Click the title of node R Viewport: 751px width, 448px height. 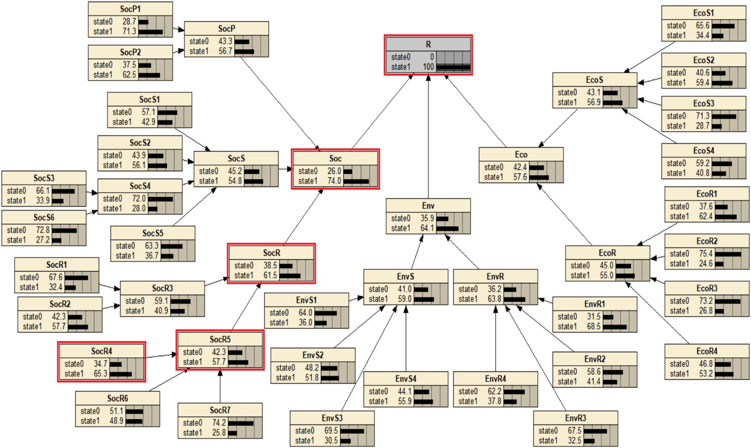click(x=428, y=45)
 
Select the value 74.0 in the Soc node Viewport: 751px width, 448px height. click(x=334, y=181)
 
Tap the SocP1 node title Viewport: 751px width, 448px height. click(x=130, y=9)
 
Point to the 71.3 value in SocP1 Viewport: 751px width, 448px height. click(x=129, y=32)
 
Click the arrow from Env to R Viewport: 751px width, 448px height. click(x=428, y=138)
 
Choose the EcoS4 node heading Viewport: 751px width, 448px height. click(x=703, y=151)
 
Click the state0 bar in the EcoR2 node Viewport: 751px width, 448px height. click(x=728, y=254)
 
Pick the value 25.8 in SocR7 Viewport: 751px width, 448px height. click(x=219, y=433)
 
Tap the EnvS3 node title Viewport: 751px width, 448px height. click(x=332, y=418)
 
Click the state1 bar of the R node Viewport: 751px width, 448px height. click(x=453, y=67)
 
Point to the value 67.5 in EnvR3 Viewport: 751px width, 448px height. click(x=574, y=431)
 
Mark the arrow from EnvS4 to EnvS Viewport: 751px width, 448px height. click(x=406, y=339)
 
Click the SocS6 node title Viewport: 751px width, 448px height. click(x=44, y=217)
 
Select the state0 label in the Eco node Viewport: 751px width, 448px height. click(x=494, y=167)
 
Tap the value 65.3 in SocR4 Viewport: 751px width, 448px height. click(x=100, y=374)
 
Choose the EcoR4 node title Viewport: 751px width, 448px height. click(x=707, y=351)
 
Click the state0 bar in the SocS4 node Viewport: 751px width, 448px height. click(x=160, y=199)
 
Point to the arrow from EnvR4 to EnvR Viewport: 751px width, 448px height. click(x=496, y=339)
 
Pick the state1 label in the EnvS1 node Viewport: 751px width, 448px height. click(x=279, y=323)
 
